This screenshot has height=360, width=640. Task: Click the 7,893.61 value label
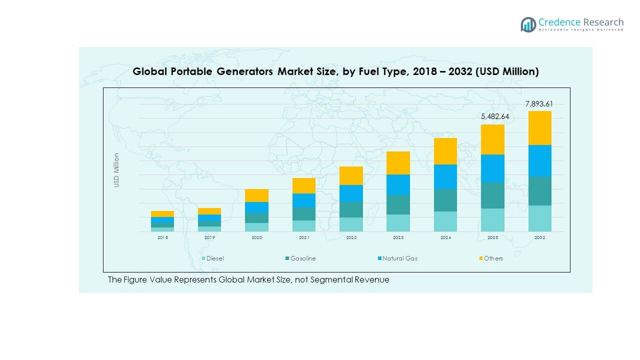pos(539,104)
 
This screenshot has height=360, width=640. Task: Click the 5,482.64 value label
pos(492,116)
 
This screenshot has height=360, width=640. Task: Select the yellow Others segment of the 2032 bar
pos(539,128)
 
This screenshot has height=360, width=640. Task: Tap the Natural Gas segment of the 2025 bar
pos(492,168)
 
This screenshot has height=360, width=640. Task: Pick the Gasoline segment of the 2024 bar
pos(445,200)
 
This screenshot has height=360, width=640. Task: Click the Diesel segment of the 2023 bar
pos(398,223)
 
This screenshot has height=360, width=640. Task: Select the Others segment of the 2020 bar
pos(256,195)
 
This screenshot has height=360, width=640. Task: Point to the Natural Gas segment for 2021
pos(304,200)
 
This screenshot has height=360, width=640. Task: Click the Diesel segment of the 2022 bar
pos(351,224)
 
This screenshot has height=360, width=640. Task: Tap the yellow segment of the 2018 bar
pos(162,214)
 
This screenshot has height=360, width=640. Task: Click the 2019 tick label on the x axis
pos(209,238)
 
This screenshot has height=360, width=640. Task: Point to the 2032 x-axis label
pos(539,238)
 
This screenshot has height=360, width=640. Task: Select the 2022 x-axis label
pos(351,238)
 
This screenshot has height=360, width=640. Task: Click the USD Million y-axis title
pos(116,170)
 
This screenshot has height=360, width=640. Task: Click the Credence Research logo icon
pos(528,24)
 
